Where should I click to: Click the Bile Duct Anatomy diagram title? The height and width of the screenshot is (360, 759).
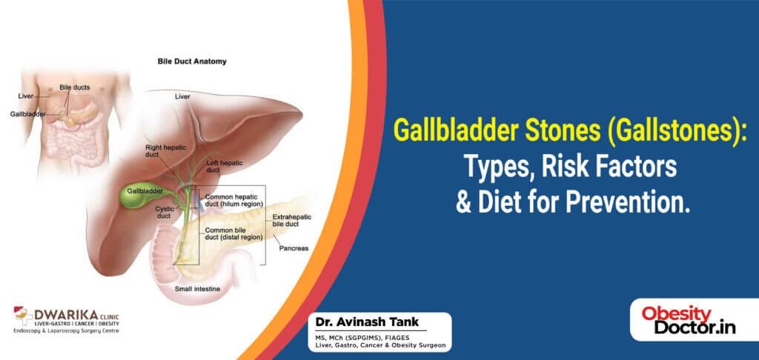pos(190,62)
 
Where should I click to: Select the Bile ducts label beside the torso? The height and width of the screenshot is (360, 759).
pos(75,87)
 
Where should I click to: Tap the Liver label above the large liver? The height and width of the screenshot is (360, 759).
pos(182,97)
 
